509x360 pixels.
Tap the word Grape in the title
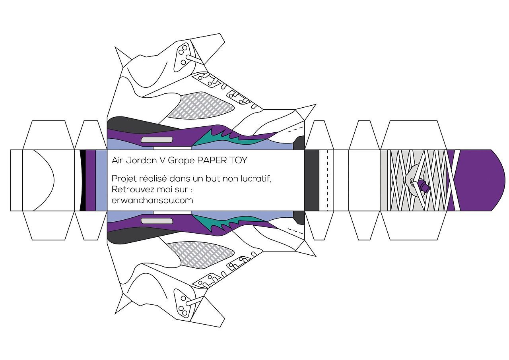pos(181,161)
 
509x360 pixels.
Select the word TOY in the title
pos(238,161)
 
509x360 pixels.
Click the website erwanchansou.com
pos(152,200)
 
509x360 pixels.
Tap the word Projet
pos(124,179)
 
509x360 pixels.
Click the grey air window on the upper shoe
pos(157,139)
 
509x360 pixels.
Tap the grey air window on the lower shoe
pos(157,221)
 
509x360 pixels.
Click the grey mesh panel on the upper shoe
pos(201,105)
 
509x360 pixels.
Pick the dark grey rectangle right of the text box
pos(312,180)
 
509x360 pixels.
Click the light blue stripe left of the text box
pos(101,180)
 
